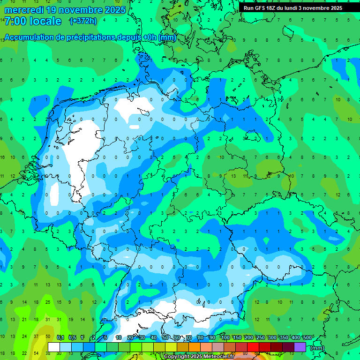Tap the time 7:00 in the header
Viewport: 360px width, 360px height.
[x=16, y=21]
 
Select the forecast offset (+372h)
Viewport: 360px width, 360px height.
[x=82, y=21]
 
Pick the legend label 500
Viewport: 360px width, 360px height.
[x=307, y=337]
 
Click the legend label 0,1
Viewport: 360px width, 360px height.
[x=60, y=337]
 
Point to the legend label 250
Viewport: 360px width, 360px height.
[x=261, y=337]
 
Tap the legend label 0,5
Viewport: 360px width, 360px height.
[x=72, y=337]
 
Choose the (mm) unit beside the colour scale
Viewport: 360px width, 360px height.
[x=317, y=348]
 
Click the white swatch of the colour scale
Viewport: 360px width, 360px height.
[x=54, y=347]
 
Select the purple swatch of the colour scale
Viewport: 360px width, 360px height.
[x=300, y=347]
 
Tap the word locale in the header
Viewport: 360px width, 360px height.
[x=45, y=21]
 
